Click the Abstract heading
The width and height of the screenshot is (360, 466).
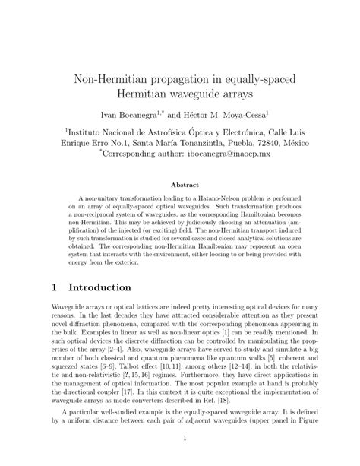tap(180, 184)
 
